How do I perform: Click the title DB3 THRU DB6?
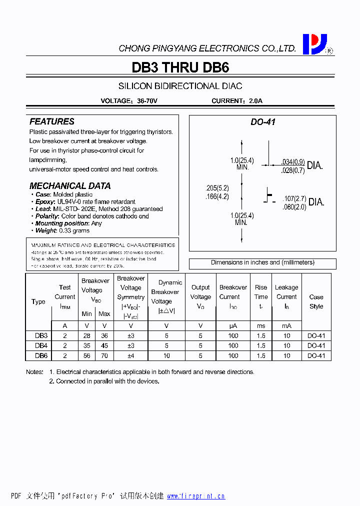tap(180, 67)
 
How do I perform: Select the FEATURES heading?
tap(51, 121)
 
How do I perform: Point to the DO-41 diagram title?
tap(263, 122)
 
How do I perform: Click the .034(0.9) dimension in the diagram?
tap(292, 162)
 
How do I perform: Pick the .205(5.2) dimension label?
tap(217, 188)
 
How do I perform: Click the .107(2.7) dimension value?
tap(294, 198)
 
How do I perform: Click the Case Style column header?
tap(316, 301)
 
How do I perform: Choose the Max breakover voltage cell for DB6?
tap(104, 355)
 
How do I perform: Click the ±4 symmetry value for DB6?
tap(130, 355)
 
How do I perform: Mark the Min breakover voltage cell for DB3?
tap(87, 335)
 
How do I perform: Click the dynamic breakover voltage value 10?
tap(166, 355)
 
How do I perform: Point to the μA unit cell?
tap(233, 325)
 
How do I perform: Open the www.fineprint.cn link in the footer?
tap(195, 496)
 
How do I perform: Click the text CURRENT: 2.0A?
tap(236, 100)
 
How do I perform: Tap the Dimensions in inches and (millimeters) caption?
tap(262, 262)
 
